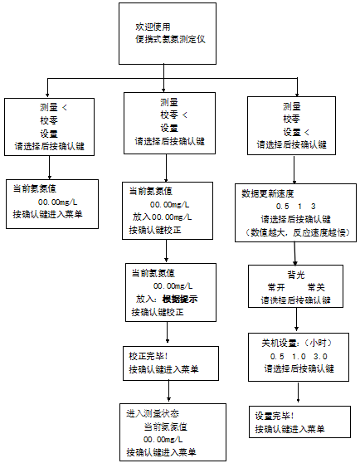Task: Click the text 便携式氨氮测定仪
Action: point(177,39)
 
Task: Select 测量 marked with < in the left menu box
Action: point(51,108)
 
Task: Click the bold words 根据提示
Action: point(179,299)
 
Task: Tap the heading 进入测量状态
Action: point(153,412)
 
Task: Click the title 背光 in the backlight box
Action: point(296,273)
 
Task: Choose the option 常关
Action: point(316,286)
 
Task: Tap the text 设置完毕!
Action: point(275,415)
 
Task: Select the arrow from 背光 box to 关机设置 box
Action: point(295,322)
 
